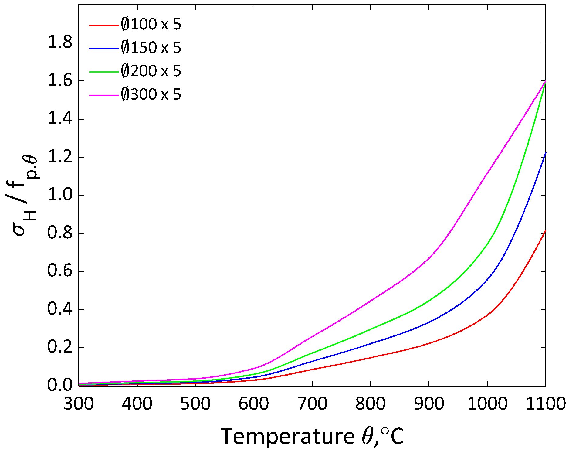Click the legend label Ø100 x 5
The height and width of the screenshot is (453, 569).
(151, 24)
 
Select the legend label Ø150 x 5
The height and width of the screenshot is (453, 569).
(151, 48)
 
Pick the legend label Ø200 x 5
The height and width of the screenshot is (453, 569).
(151, 71)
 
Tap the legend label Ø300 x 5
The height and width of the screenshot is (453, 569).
(151, 94)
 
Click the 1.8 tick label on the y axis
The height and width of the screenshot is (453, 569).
(60, 43)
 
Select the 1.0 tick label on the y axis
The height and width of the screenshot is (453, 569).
(60, 195)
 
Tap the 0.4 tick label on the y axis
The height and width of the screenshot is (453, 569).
(60, 309)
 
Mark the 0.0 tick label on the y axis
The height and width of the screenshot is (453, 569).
(60, 385)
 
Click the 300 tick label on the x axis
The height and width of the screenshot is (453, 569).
(79, 404)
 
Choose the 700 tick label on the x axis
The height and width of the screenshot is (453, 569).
(312, 404)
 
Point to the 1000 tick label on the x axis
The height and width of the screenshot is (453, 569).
(487, 404)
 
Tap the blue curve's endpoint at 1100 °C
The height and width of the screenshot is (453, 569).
(545, 153)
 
